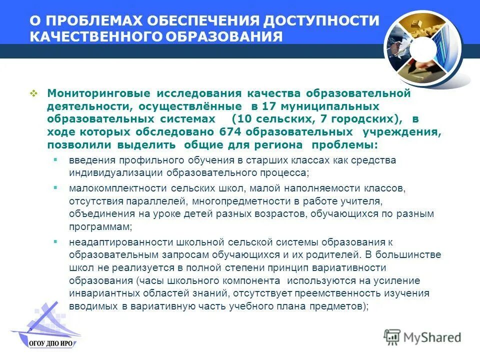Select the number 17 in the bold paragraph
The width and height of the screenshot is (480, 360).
269,106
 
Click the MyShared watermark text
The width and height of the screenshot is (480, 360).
432,337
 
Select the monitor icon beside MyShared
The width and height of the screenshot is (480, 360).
392,336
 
